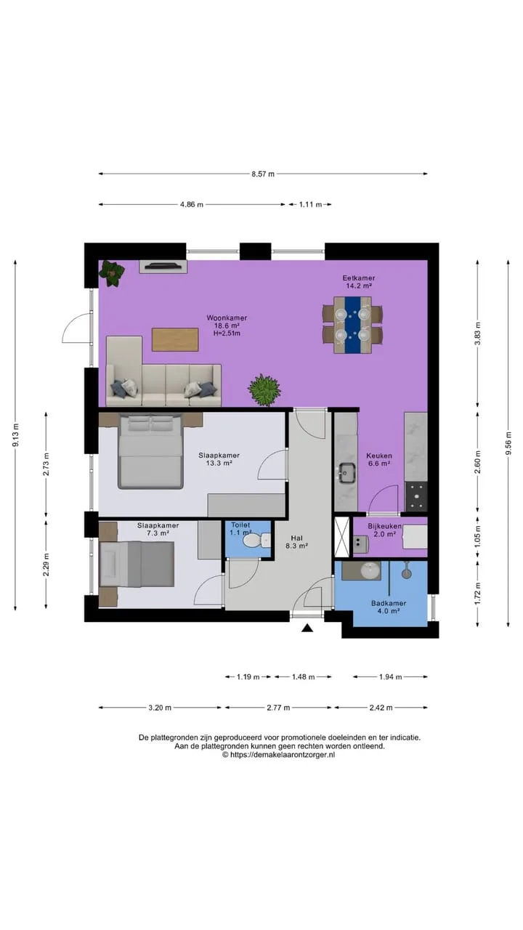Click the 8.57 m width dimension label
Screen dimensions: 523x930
click(x=263, y=174)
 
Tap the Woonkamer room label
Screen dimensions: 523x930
click(x=227, y=318)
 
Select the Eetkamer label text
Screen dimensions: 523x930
click(x=359, y=278)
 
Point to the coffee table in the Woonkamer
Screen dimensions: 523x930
click(x=175, y=339)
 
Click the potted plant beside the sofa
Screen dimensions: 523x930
click(x=264, y=390)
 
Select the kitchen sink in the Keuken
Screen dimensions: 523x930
click(x=346, y=473)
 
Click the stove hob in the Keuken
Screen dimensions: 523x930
click(x=416, y=496)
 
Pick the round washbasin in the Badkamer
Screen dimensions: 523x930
click(x=370, y=571)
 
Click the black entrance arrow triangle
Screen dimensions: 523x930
click(x=307, y=628)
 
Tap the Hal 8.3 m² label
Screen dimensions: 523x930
click(x=297, y=542)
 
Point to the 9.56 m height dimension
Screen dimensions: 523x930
click(x=508, y=443)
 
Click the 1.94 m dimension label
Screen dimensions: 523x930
click(x=390, y=677)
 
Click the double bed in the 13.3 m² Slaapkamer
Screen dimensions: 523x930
click(x=150, y=451)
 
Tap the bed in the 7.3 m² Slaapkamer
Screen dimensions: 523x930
click(x=137, y=565)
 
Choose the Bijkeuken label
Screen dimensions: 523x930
click(x=384, y=527)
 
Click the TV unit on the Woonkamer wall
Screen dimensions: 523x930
click(x=163, y=267)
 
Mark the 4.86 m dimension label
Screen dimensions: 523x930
click(x=192, y=205)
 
